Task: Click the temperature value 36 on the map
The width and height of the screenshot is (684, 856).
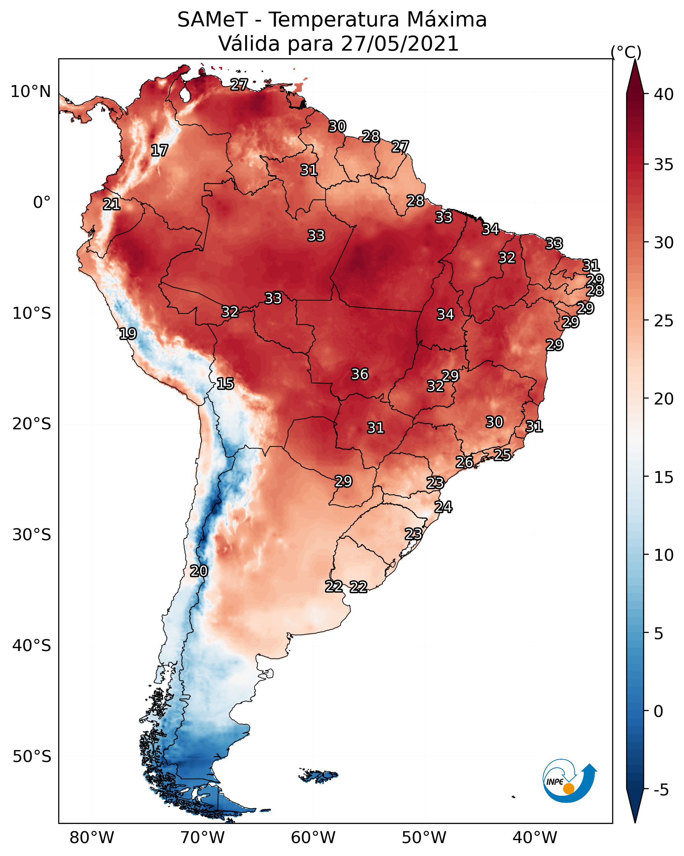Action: tap(360, 374)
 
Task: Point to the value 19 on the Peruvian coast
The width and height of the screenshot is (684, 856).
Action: tap(128, 334)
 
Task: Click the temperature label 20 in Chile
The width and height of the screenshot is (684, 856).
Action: tap(199, 571)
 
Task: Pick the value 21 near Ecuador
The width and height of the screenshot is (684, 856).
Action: tap(112, 204)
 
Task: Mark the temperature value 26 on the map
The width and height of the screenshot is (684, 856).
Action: tap(464, 462)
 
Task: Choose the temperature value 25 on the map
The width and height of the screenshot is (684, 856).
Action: tap(502, 454)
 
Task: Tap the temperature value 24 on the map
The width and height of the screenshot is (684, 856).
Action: tap(443, 506)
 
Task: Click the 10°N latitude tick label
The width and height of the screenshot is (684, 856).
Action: tap(30, 92)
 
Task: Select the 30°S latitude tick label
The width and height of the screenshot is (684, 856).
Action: tap(32, 535)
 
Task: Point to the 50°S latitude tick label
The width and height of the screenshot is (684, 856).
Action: tap(32, 756)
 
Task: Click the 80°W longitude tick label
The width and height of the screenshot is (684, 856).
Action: tap(92, 837)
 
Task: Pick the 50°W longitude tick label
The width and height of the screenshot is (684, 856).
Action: tap(424, 837)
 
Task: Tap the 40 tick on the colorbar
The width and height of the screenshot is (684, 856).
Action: tap(664, 94)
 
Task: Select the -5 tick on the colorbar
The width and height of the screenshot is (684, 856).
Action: tap(661, 790)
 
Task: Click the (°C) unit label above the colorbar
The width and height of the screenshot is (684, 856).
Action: tap(626, 52)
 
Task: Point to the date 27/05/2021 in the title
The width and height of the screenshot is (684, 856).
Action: tap(399, 43)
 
